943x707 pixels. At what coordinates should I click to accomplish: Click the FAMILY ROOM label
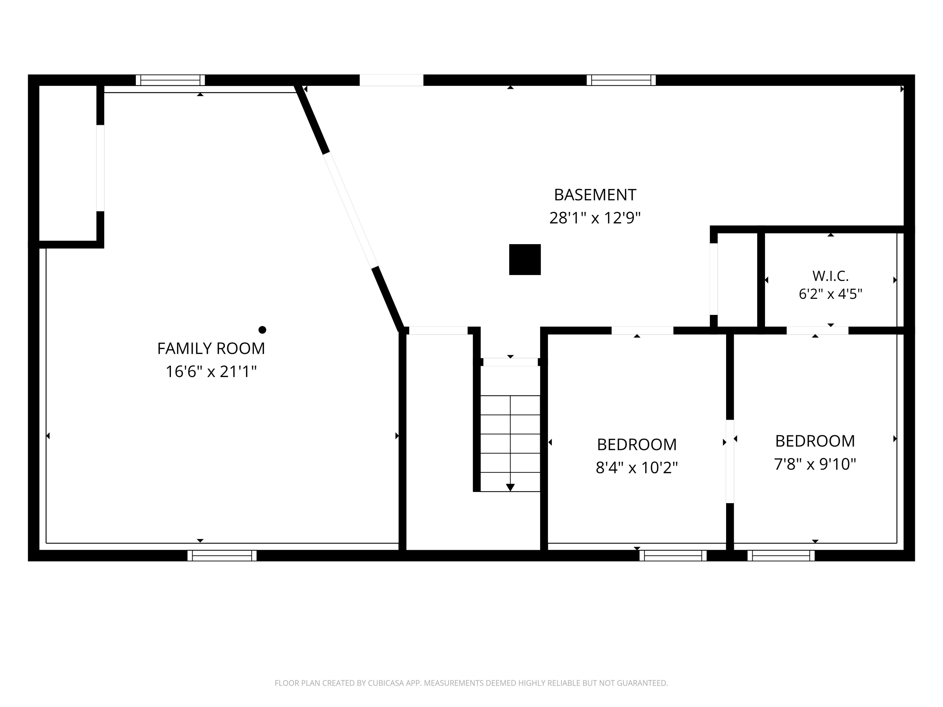point(211,348)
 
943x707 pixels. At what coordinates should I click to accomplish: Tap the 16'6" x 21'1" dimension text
point(211,372)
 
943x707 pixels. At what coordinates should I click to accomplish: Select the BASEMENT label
point(595,195)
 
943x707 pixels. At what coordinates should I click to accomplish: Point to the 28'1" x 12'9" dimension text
point(595,218)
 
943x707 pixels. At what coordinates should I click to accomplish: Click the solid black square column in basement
point(525,260)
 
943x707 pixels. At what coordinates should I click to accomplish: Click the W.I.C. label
point(830,276)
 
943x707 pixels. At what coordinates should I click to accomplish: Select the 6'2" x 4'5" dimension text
point(830,294)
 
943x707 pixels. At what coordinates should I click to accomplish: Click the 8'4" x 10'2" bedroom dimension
point(637,468)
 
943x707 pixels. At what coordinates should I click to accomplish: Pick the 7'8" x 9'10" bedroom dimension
point(815,464)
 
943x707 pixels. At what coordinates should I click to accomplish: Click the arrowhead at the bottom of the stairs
point(510,488)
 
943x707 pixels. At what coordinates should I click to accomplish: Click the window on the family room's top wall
point(170,80)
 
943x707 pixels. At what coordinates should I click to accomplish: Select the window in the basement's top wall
point(621,80)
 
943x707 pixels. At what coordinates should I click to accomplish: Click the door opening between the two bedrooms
point(730,462)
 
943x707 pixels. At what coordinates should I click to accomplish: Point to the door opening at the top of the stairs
point(510,362)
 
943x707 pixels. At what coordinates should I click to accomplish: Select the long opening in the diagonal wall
point(351,210)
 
